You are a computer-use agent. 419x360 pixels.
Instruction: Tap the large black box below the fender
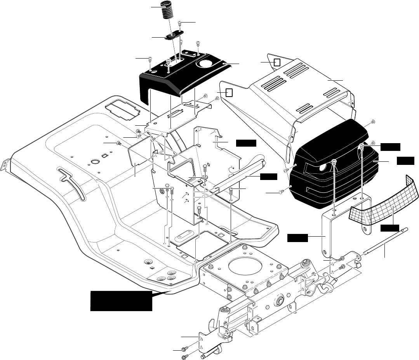click(121, 300)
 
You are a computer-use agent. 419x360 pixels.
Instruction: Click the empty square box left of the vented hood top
click(277, 62)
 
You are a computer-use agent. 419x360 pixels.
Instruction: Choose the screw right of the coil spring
click(180, 24)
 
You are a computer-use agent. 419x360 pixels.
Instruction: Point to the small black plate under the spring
click(174, 36)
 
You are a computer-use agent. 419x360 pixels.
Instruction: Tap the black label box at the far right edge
click(405, 160)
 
